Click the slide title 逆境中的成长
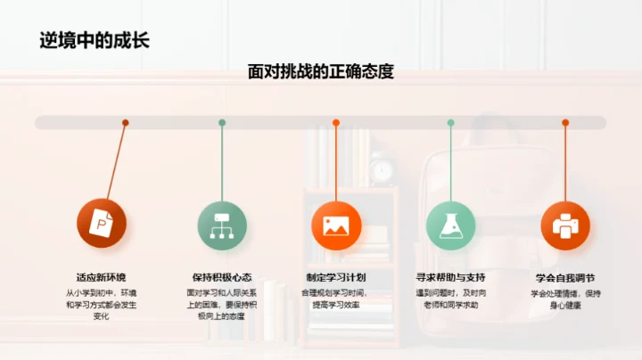point(93,39)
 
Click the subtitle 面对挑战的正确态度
point(321,72)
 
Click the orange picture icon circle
point(335,225)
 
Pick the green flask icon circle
point(451,225)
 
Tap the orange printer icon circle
point(566,225)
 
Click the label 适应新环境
point(102,276)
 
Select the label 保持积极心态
point(220,276)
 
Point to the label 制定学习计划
point(336,276)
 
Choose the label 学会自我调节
point(565,276)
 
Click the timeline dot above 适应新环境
point(126,122)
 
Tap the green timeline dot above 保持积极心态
point(222,122)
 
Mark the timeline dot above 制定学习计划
point(336,122)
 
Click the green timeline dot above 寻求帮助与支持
point(451,122)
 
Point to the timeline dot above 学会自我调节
point(565,122)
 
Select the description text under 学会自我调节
point(565,299)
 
